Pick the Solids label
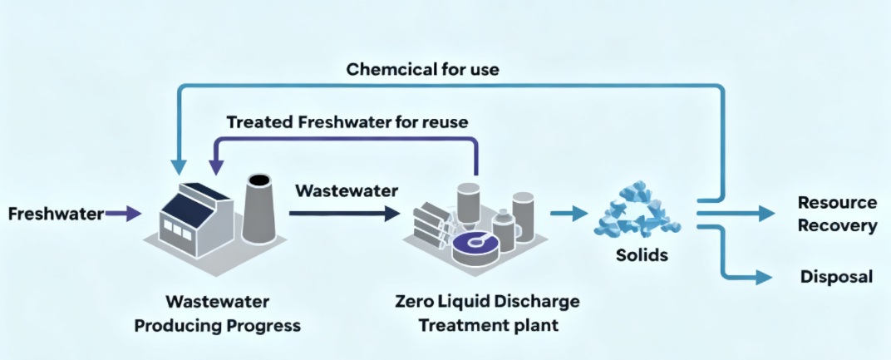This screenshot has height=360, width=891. click(x=641, y=255)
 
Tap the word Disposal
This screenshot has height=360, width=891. click(x=835, y=277)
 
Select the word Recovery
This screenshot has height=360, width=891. click(x=837, y=225)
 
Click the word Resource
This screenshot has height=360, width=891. click(x=837, y=203)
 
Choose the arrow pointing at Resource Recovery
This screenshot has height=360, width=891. click(x=740, y=214)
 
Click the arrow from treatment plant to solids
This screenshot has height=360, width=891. click(x=573, y=214)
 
